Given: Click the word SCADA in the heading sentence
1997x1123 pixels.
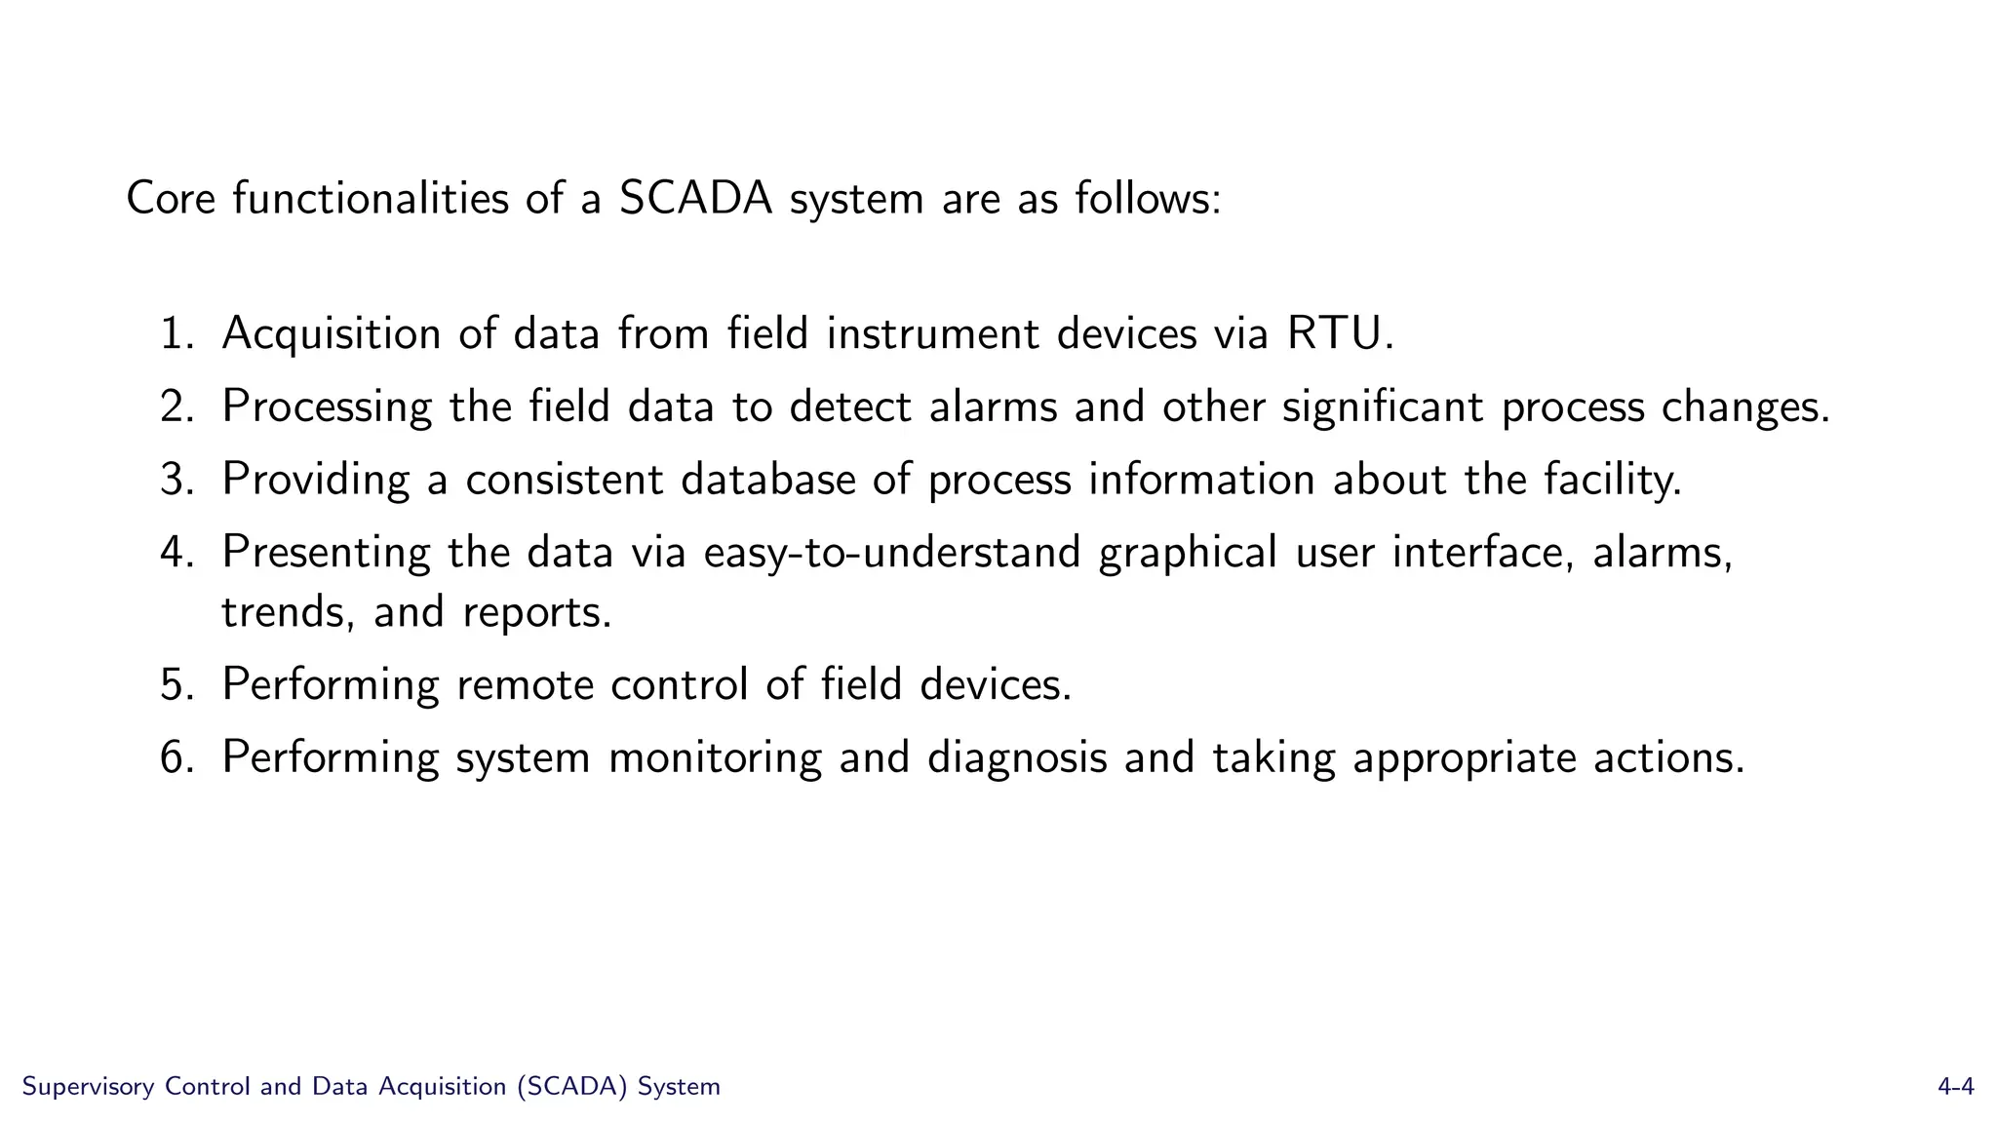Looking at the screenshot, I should tap(695, 199).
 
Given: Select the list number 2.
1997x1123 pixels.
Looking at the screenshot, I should tap(177, 407).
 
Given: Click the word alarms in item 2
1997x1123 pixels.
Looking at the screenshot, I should tap(993, 407).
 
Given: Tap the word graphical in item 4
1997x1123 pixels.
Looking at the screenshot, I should tap(1188, 553).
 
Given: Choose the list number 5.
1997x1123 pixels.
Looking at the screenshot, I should tap(177, 685).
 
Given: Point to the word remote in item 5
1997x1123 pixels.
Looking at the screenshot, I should tap(525, 685).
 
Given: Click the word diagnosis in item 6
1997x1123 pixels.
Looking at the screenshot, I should tap(1016, 758).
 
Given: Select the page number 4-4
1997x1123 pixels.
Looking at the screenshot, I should tap(1955, 1087).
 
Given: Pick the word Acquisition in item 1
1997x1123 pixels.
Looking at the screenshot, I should tap(331, 334).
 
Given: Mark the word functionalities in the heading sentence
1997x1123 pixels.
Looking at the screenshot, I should tap(371, 199).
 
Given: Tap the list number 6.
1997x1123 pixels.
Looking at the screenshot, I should tap(177, 758).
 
